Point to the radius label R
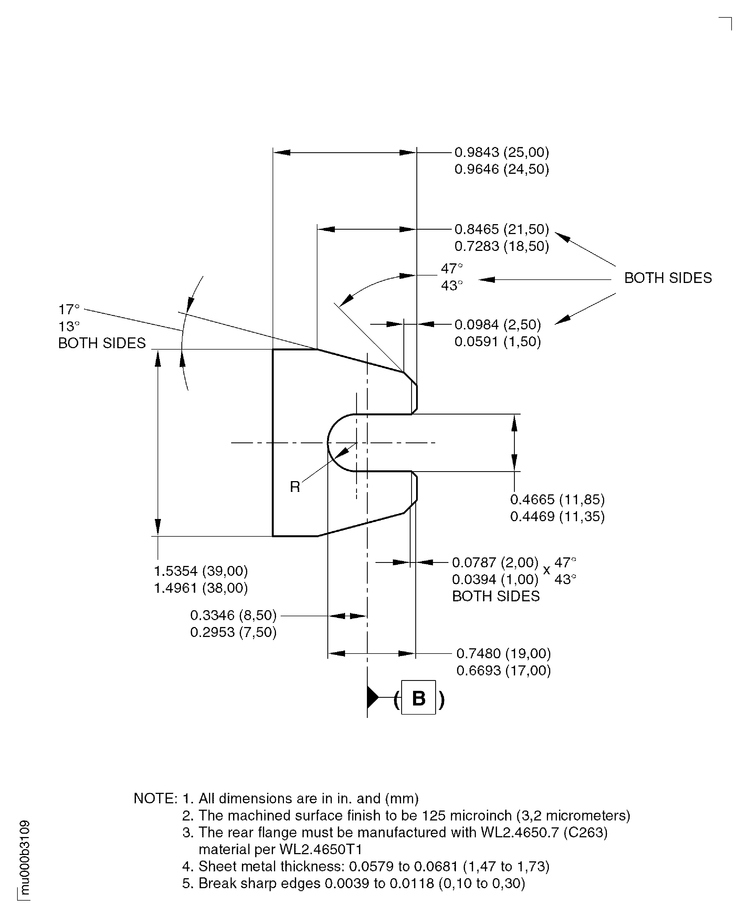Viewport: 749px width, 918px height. click(295, 487)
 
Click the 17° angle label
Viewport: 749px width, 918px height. click(69, 310)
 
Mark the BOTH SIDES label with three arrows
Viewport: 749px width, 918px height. click(668, 278)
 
